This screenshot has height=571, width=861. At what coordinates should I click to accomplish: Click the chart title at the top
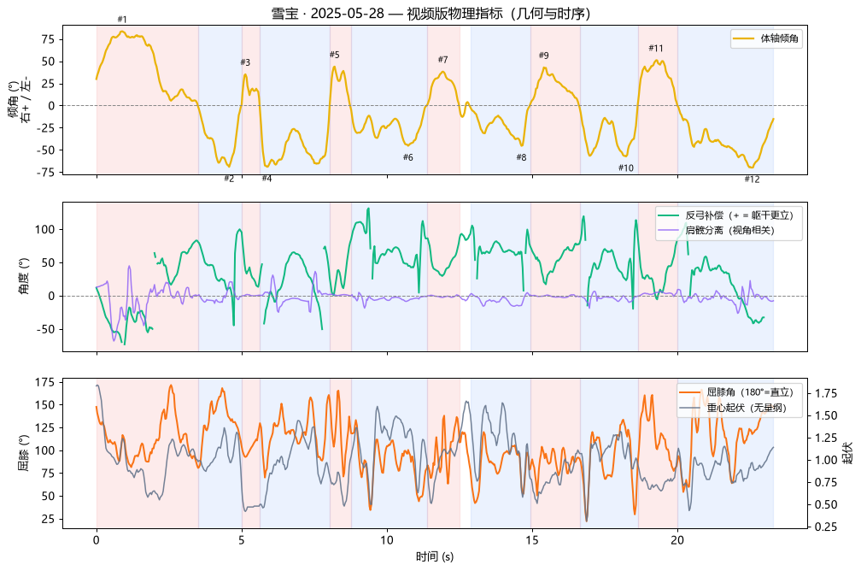431,14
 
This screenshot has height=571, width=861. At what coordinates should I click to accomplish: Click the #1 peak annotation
122,20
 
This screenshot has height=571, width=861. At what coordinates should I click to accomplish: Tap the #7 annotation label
442,60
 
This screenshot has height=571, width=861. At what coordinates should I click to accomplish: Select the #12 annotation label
752,180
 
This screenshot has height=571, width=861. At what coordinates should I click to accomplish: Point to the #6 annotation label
407,157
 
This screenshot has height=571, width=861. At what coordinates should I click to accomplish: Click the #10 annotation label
625,168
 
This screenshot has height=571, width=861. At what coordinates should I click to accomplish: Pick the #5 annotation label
335,55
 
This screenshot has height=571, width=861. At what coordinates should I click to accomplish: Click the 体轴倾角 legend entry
766,38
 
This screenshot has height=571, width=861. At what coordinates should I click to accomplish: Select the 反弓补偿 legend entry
725,215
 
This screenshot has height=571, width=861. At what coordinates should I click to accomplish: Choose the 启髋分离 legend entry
716,230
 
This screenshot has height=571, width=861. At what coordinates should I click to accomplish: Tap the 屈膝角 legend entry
736,392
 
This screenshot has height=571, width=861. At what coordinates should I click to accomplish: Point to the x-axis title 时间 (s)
434,556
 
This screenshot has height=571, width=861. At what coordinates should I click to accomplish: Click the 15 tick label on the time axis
531,540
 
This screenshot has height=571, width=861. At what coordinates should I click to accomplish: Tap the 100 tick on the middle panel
45,230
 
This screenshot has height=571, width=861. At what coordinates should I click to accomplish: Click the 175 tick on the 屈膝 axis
45,382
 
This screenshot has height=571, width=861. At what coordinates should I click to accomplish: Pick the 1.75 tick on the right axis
826,393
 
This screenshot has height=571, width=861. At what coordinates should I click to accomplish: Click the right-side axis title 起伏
848,453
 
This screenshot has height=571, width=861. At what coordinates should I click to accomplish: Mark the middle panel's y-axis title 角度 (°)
24,276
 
